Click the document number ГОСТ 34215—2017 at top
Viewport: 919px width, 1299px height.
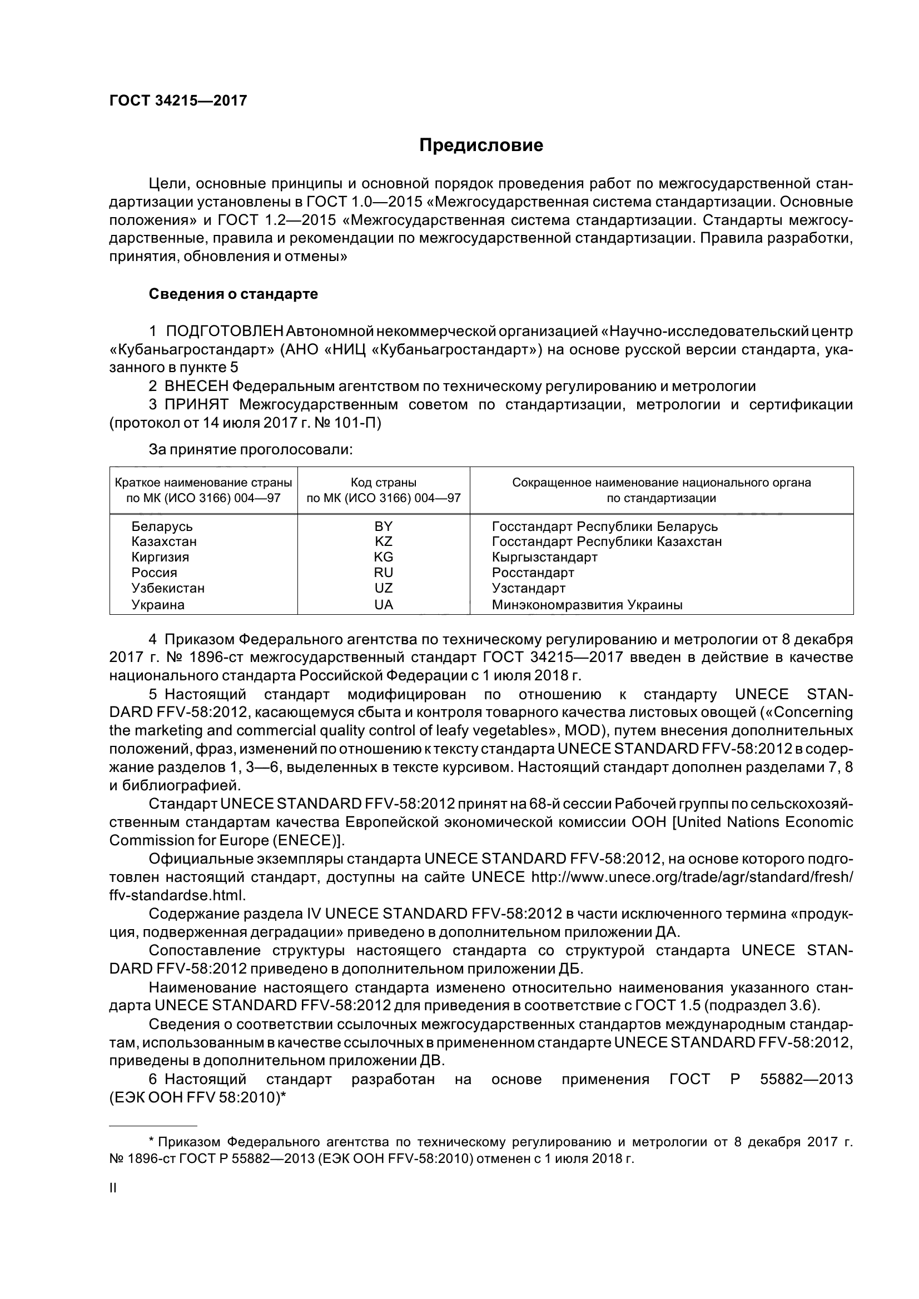[178, 101]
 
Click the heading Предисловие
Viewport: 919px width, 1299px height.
[481, 146]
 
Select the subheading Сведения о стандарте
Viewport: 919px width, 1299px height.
[233, 294]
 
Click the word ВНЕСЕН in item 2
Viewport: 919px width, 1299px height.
[196, 387]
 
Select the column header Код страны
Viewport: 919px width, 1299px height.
[384, 483]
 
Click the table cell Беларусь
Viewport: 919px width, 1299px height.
[162, 526]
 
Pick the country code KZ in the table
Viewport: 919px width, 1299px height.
[384, 541]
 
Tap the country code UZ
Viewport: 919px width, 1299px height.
[384, 588]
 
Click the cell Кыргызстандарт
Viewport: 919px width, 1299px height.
[544, 556]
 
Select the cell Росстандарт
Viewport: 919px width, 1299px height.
[533, 573]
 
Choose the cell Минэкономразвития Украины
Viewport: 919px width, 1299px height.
[587, 605]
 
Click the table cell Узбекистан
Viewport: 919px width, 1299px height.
[167, 588]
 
